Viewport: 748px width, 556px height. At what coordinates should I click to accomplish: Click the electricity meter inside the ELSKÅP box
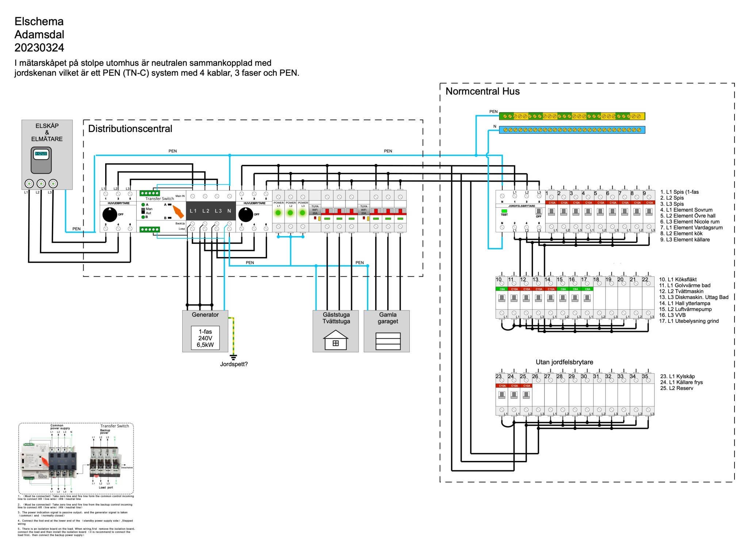coord(41,160)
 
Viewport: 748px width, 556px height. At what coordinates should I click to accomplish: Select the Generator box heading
coord(205,315)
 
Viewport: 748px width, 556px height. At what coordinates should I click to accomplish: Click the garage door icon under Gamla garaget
coord(388,341)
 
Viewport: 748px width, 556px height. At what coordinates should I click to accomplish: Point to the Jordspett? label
coord(234,364)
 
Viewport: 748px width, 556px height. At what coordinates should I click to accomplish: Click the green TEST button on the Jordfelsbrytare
coord(504,211)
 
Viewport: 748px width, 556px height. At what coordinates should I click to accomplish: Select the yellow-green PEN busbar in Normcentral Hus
coord(572,116)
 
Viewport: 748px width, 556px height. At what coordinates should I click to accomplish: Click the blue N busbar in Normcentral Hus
coord(572,130)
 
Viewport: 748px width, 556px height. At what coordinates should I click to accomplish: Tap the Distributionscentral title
coord(130,129)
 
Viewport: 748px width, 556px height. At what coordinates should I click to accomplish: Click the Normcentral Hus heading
coord(482,91)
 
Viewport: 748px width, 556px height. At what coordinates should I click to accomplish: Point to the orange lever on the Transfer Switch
coord(178,212)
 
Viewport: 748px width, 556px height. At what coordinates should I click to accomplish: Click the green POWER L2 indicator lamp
coord(290,213)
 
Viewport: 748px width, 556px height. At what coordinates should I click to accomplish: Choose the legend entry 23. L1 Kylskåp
coord(678,376)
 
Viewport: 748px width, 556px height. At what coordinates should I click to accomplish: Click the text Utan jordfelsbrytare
coord(564,362)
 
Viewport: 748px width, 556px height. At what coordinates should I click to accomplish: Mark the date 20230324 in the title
coord(39,48)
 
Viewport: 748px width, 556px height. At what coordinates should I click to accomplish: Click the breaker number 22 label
coord(645,279)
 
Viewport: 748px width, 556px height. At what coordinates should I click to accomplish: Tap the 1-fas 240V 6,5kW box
coord(205,338)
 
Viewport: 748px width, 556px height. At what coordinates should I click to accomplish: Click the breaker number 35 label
coord(645,376)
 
